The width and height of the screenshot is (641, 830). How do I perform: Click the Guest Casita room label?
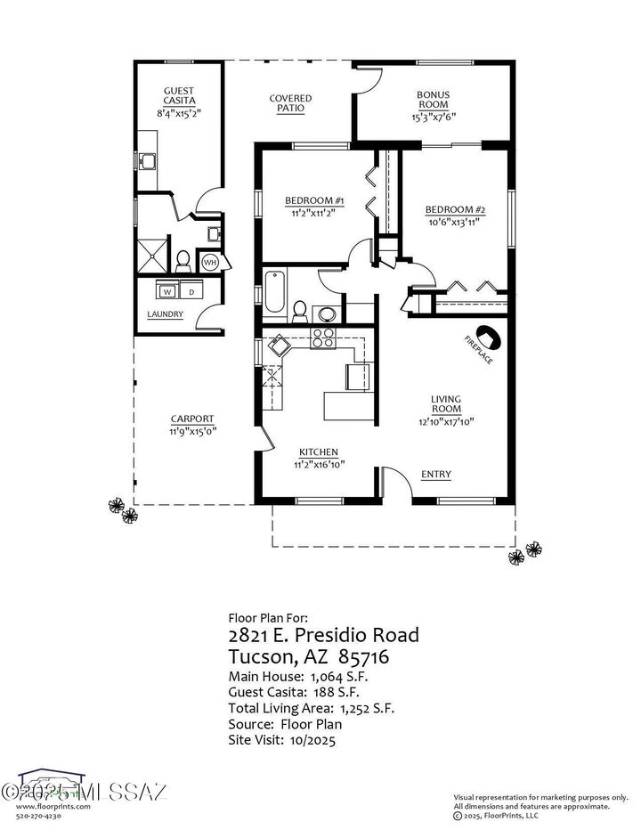click(178, 95)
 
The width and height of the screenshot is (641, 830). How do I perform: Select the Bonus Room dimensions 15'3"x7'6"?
click(433, 117)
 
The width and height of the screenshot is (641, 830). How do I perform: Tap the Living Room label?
click(445, 404)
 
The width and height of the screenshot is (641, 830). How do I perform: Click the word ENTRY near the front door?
click(435, 475)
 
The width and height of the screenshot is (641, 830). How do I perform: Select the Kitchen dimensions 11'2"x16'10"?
click(319, 464)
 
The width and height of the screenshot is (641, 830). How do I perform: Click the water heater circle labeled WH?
click(210, 263)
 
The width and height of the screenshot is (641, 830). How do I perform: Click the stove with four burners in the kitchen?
click(322, 337)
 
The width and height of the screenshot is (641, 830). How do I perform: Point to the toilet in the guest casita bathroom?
click(183, 260)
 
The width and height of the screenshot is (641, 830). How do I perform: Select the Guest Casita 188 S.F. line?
click(294, 692)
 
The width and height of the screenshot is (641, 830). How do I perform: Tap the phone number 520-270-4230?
click(45, 815)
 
